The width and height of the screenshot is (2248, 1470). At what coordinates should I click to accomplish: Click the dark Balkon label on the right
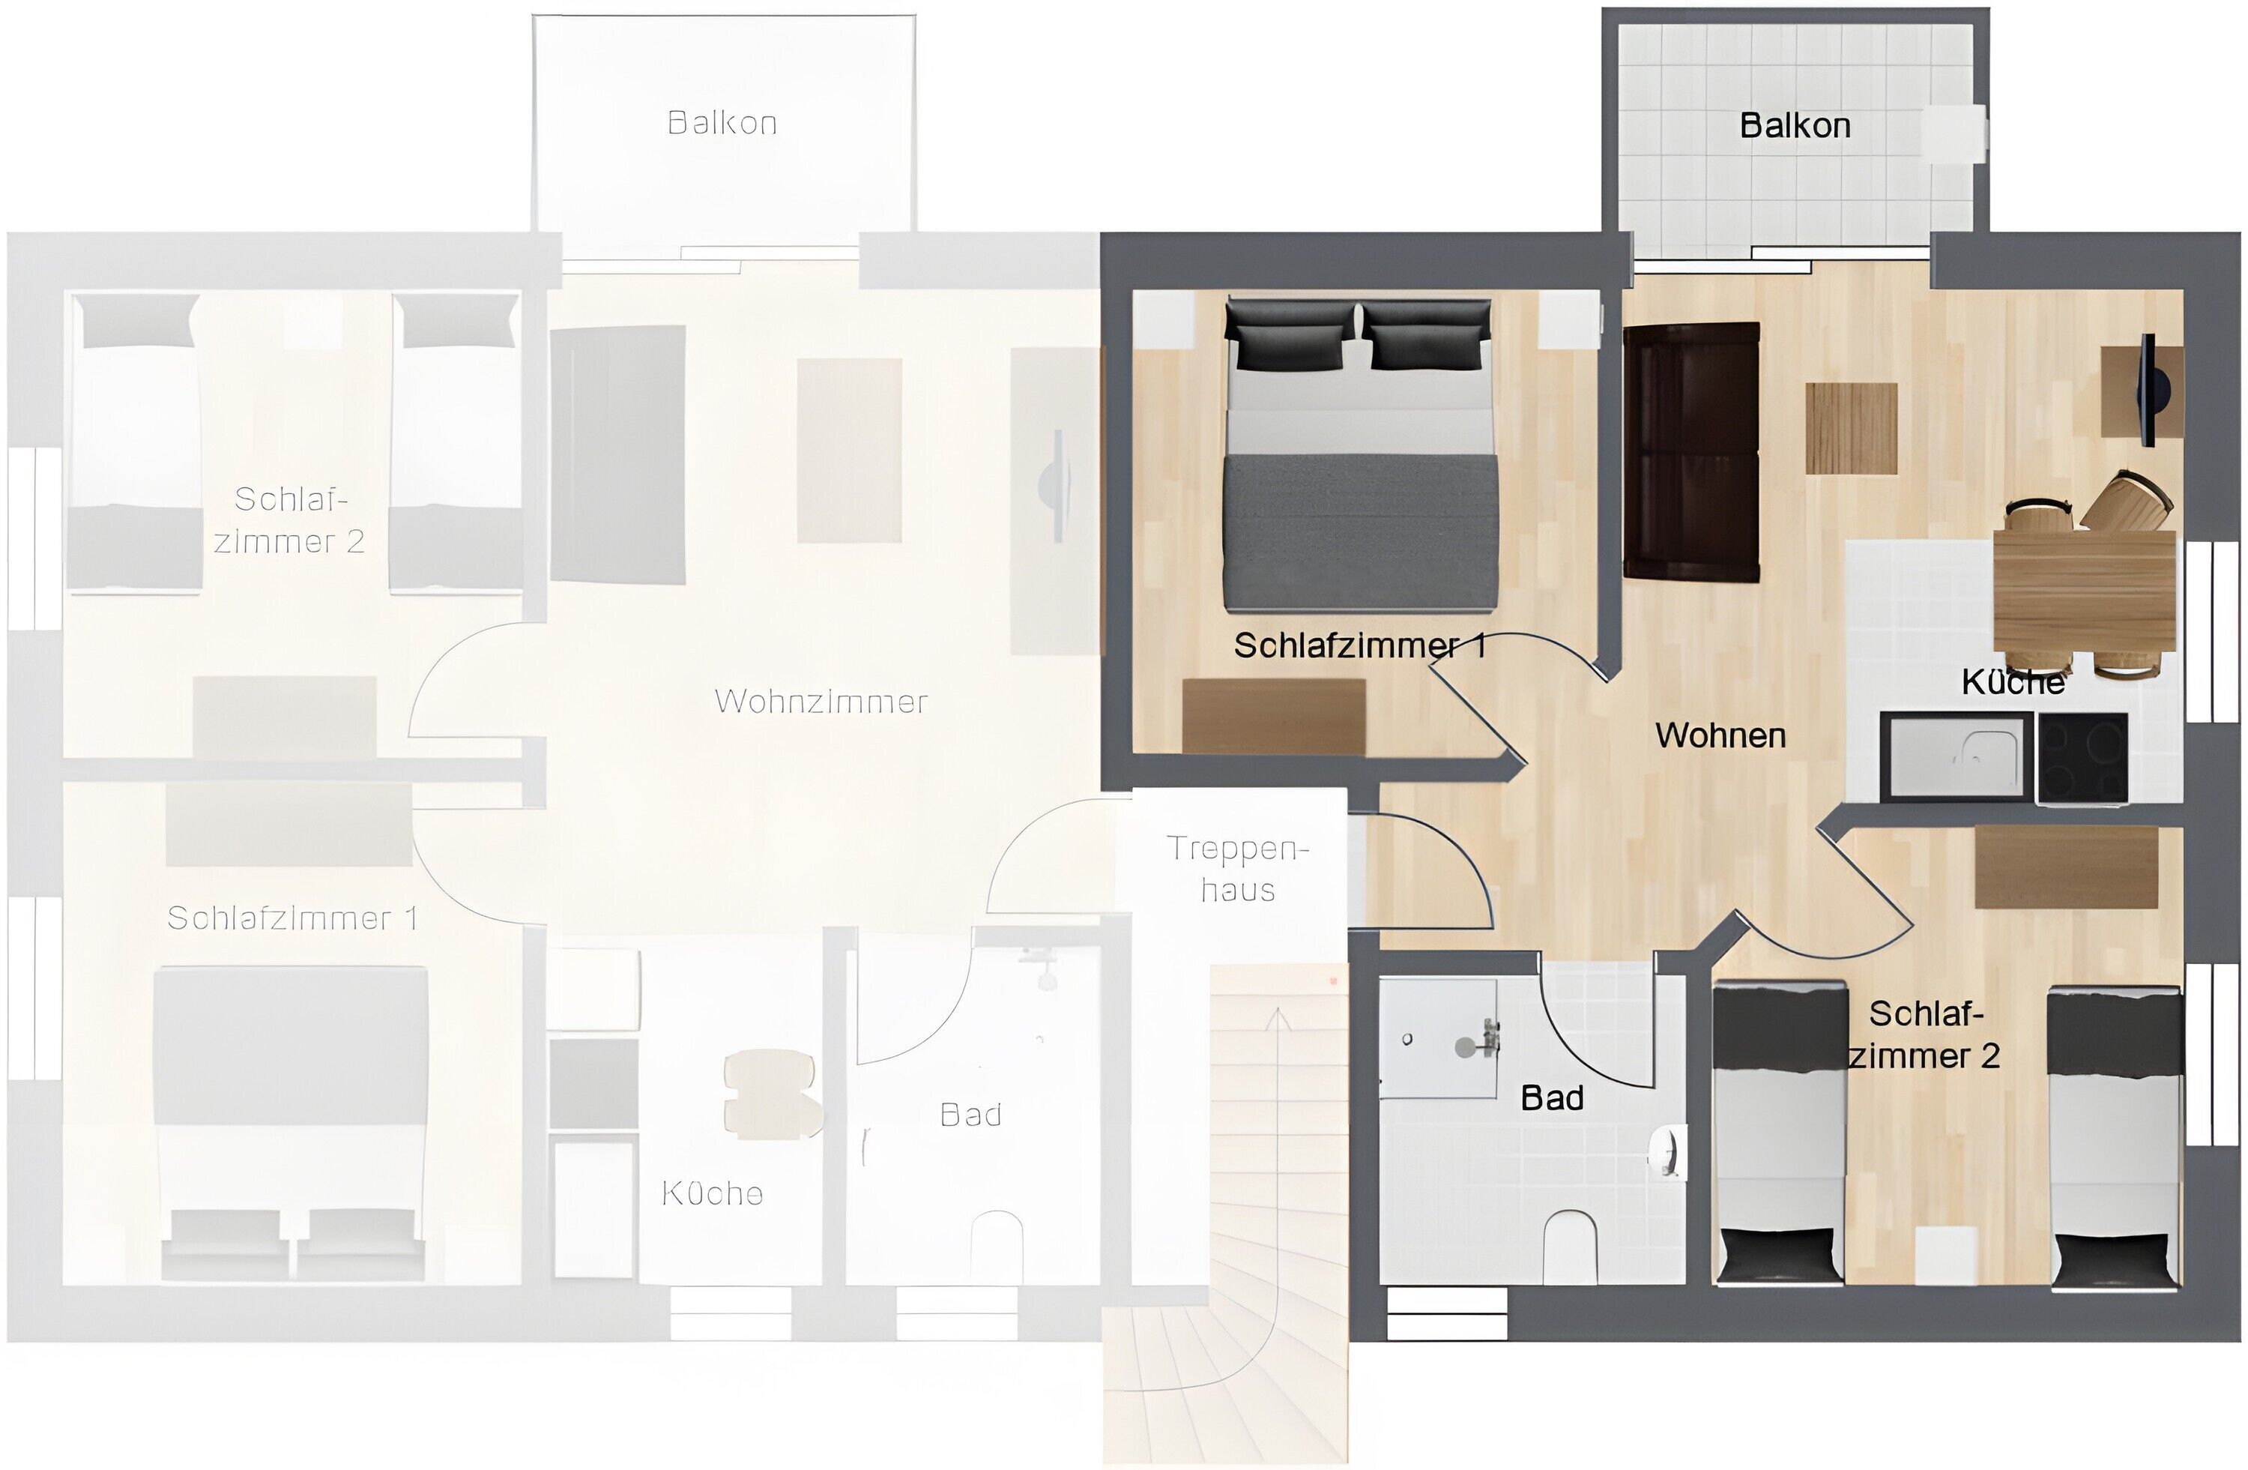pos(1795,126)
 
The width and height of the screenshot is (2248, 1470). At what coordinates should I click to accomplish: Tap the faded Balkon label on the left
pos(722,123)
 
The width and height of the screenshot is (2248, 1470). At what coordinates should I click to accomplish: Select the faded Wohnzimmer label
pos(821,701)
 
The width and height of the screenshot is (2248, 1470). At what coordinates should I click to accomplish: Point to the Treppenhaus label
pos(1237,868)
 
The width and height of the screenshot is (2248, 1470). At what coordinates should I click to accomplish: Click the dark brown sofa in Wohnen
pos(1690,451)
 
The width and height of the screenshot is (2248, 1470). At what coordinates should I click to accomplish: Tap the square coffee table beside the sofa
pos(1852,428)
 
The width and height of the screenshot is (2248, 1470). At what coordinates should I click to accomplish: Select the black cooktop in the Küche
pos(2082,758)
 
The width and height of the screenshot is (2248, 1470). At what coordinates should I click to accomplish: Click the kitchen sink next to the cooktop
pos(1954,756)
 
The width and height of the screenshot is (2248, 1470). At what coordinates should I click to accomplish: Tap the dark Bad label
pos(1552,1097)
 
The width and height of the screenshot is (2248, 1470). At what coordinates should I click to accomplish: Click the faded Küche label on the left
pos(711,1193)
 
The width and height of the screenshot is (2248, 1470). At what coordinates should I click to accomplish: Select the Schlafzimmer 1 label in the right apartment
pos(1359,646)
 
